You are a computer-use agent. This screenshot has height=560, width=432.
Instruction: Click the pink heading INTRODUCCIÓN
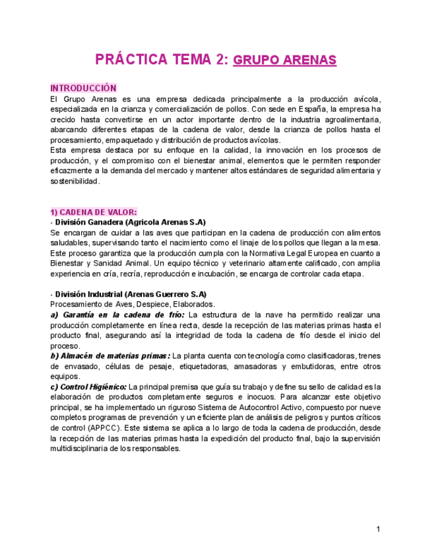point(83,88)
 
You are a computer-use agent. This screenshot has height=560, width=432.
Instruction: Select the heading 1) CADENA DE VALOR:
point(94,212)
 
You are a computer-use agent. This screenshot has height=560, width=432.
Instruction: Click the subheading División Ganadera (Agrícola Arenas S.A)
point(130,223)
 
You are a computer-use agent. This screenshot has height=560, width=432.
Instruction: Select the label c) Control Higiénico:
point(88,386)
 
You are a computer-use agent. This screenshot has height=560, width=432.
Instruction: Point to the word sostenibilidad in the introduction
point(75,181)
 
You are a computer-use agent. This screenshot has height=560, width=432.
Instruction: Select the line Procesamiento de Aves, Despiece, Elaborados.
point(133,304)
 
